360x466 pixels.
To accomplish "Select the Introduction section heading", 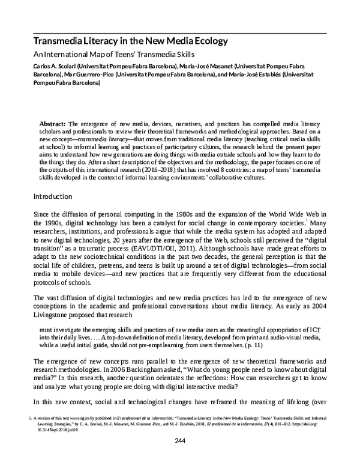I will coord(53,196).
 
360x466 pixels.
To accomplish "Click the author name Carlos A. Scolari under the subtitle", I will coord(52,65).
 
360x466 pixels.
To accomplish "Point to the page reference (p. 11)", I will coord(304,346).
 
